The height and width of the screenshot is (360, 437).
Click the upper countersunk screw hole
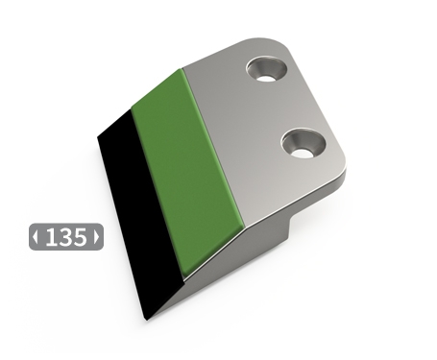(268, 68)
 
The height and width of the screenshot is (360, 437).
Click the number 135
(65, 237)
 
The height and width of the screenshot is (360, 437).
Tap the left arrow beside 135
(36, 237)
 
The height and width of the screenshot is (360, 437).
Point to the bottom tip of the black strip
(149, 318)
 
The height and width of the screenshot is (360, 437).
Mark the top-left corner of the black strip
(99, 137)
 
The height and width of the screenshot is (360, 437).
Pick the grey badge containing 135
(65, 237)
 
